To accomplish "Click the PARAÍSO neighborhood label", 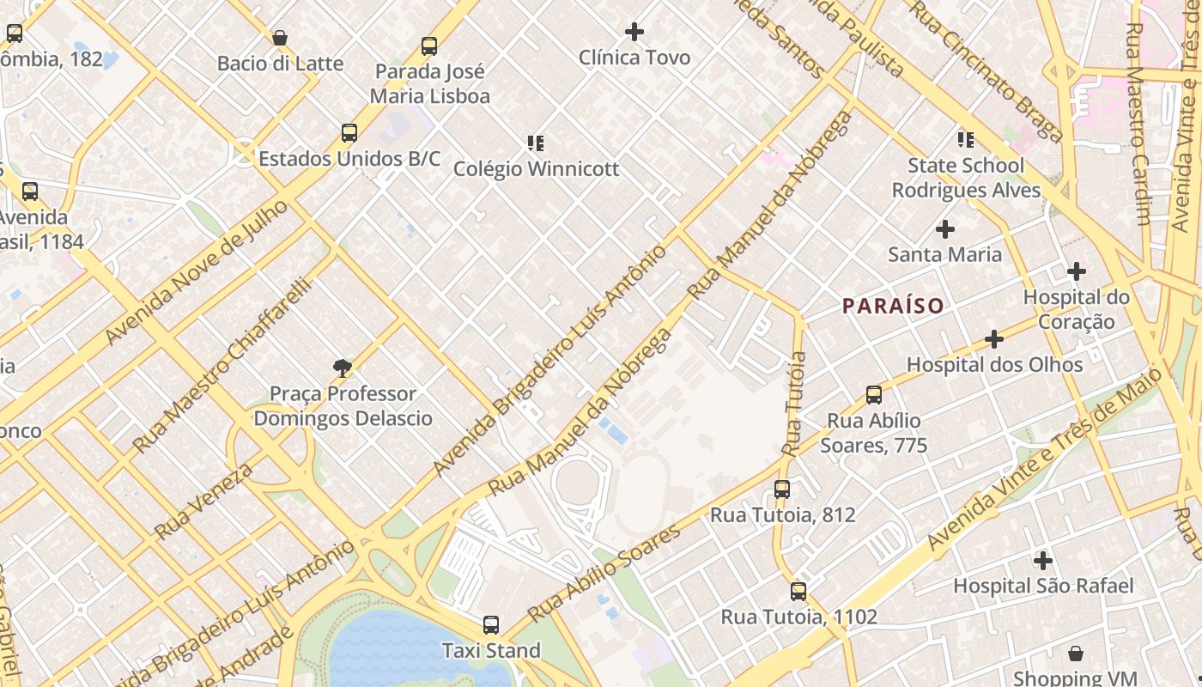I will point(893,306).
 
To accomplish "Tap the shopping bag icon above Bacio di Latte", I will point(280,38).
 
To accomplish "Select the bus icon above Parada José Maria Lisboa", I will point(429,46).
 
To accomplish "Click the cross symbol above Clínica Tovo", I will point(634,32).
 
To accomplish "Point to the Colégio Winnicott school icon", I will point(536,143).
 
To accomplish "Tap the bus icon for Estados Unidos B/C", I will point(349,133).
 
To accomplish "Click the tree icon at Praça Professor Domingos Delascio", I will point(343,368).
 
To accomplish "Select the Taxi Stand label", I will point(491,651).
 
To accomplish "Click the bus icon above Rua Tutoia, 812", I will point(781,489).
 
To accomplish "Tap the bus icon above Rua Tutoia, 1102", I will point(798,591).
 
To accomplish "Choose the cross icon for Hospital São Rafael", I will point(1043,561).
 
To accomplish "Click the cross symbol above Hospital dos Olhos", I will point(994,339).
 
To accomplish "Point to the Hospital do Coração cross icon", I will point(1077,271).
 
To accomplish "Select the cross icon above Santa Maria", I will point(945,229).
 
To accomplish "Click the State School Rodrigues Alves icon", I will point(966,140).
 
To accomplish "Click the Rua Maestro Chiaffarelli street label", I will point(221,366).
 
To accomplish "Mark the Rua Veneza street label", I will point(203,502).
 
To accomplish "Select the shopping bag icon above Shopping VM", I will point(1076,654).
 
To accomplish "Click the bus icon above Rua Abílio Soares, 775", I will point(874,395).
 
